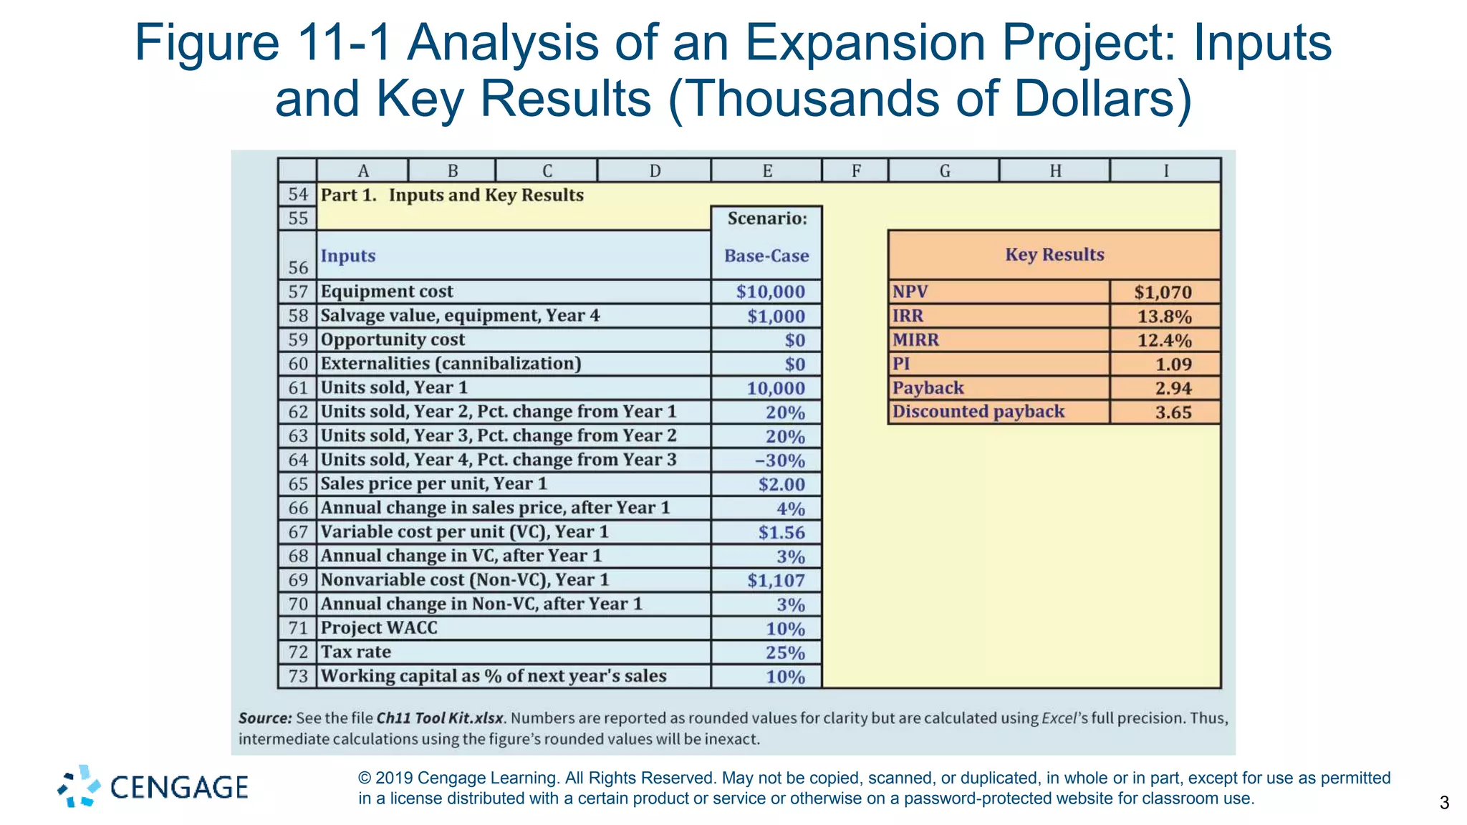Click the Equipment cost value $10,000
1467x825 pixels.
click(770, 291)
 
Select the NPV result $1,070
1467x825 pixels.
click(1163, 292)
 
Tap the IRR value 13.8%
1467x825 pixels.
click(1164, 317)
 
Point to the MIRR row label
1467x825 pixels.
click(915, 340)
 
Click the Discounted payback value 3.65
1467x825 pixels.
click(1173, 412)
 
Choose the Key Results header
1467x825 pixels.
click(1054, 255)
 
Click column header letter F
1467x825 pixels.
click(855, 171)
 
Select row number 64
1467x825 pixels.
click(298, 460)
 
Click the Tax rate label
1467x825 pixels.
click(356, 652)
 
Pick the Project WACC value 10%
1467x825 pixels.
click(785, 629)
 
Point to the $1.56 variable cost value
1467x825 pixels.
click(781, 533)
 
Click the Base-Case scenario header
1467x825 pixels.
click(766, 256)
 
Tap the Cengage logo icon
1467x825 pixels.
click(80, 786)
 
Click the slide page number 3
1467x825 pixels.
click(1444, 803)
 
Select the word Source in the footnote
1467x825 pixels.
click(264, 718)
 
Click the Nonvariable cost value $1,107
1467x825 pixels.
click(776, 581)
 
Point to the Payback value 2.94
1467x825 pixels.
click(1173, 388)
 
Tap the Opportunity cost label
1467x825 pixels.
click(393, 339)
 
